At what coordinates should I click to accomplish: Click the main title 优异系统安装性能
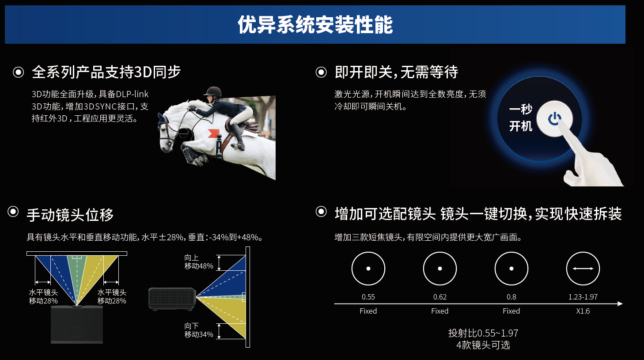315,25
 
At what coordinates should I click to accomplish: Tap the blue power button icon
555,119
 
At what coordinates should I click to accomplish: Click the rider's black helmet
213,92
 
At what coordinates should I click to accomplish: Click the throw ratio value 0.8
511,297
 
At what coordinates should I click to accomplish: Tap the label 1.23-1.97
583,297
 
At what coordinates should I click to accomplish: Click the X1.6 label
583,311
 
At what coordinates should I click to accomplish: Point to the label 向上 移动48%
198,261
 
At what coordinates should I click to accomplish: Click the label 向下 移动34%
198,330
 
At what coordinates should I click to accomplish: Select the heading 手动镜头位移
70,215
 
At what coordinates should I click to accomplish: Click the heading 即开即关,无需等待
396,72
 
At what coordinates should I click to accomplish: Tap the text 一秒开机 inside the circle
521,117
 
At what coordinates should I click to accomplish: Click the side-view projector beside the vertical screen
172,299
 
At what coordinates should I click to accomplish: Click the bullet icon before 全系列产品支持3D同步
19,72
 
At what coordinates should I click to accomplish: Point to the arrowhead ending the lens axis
620,303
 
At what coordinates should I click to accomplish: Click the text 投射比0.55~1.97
483,333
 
